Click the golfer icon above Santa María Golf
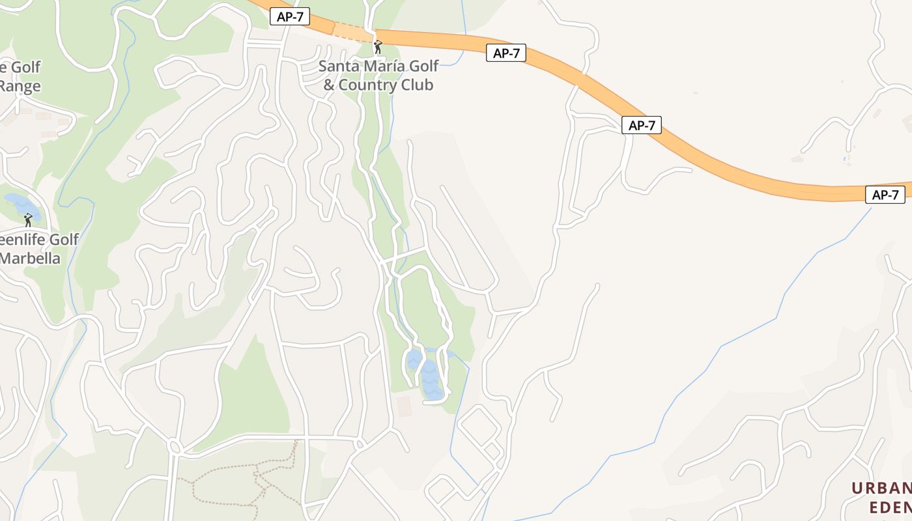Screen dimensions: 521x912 378,47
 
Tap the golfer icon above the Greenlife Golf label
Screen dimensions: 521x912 28,220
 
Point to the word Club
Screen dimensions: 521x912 418,85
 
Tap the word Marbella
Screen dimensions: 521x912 30,259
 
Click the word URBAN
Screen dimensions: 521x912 882,488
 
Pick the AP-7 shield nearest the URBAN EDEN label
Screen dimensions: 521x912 885,195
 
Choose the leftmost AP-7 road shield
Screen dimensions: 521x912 290,17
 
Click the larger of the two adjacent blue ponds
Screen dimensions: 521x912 431,380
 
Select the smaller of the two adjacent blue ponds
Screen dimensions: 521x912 413,359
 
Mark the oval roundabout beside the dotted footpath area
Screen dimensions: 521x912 174,447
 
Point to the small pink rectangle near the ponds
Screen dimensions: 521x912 404,405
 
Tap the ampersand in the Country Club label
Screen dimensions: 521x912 329,85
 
